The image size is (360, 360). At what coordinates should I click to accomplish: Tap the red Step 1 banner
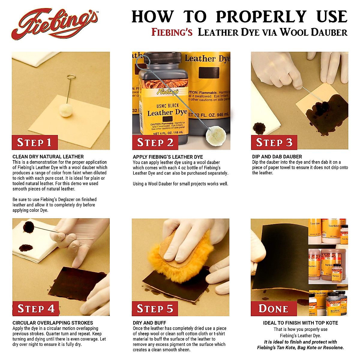pyautogui.click(x=34, y=142)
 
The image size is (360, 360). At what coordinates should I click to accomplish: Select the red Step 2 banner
pyautogui.click(x=155, y=142)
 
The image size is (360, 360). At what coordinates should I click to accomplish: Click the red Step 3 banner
pyautogui.click(x=274, y=142)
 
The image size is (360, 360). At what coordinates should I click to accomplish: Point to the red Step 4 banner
pyautogui.click(x=36, y=309)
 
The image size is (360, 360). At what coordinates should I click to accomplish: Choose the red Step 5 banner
pyautogui.click(x=155, y=309)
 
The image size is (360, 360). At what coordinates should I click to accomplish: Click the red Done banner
pyautogui.click(x=273, y=309)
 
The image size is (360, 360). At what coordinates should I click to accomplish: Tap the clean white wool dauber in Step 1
pyautogui.click(x=66, y=109)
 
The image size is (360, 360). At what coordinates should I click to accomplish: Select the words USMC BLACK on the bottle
pyautogui.click(x=167, y=106)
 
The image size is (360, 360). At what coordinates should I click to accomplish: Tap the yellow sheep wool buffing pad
pyautogui.click(x=177, y=264)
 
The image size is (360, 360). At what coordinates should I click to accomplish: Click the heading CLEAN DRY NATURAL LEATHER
pyautogui.click(x=48, y=157)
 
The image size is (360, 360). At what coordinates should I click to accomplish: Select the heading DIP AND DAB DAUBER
pyautogui.click(x=277, y=157)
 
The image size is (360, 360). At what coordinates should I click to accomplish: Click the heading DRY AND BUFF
pyautogui.click(x=149, y=323)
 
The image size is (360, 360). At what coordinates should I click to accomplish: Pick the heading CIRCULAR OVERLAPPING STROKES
pyautogui.click(x=53, y=323)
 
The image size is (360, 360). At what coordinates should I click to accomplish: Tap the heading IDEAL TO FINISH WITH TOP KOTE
pyautogui.click(x=300, y=323)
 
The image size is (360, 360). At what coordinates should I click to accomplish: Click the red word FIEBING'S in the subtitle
pyautogui.click(x=172, y=32)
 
